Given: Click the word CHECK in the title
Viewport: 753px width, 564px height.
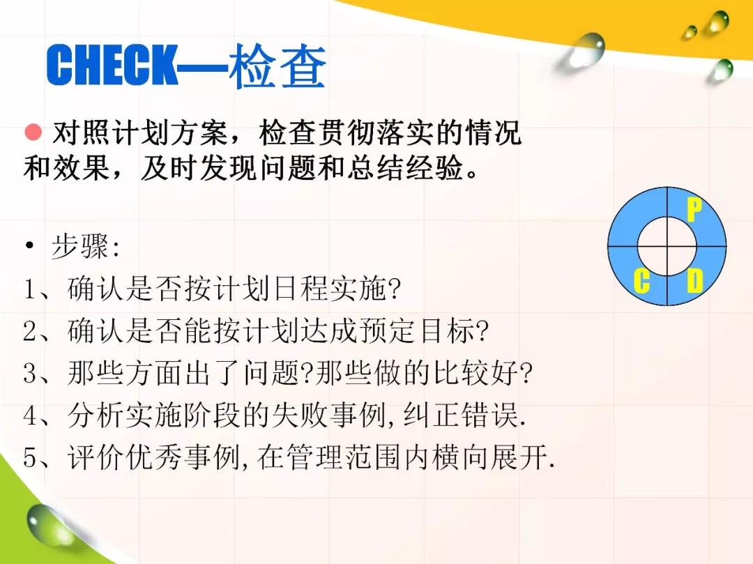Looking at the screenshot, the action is pos(112,65).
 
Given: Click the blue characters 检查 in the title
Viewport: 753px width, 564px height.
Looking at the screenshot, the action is pos(277,66).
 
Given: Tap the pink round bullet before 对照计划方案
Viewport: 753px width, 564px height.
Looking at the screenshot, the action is pos(33,132).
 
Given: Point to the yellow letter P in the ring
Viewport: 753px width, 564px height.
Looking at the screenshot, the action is pos(694,210).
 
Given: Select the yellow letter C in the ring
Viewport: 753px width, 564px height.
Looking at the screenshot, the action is pos(641,281).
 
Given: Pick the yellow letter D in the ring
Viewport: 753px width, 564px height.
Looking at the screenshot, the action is pos(694,281).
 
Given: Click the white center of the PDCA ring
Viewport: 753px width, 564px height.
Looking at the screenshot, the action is pos(667,246).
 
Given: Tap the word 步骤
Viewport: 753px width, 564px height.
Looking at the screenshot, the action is pos(79,247).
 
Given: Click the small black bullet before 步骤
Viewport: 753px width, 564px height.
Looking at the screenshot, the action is pos(30,246).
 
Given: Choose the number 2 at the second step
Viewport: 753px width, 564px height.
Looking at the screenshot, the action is pos(30,331).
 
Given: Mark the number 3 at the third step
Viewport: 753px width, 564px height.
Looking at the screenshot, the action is pos(30,373).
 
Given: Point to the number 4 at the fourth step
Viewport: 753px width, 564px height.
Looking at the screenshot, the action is pos(30,416).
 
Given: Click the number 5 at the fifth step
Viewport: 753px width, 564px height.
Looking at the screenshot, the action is pos(30,457).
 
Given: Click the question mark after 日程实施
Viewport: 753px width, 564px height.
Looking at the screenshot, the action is pos(394,289).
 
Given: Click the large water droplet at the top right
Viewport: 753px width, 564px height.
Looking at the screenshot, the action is pos(582,52).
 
